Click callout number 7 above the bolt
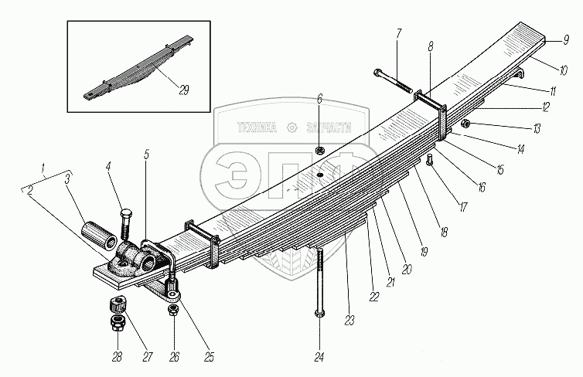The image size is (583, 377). click(x=398, y=33)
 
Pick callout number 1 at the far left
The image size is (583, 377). click(x=45, y=167)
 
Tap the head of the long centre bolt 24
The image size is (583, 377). click(x=319, y=314)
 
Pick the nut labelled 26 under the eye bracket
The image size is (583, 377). click(x=174, y=309)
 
